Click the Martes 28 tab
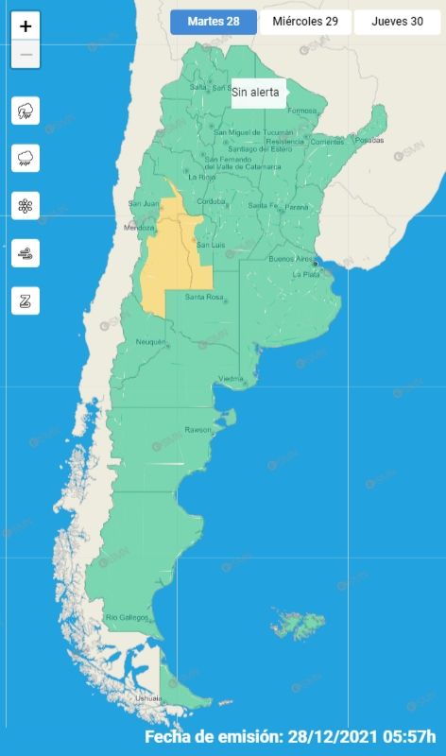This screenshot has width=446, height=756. [214, 22]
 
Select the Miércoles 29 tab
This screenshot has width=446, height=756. [304, 22]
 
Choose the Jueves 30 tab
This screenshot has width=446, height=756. [397, 22]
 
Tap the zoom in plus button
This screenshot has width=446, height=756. [26, 26]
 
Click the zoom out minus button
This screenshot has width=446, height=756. [26, 54]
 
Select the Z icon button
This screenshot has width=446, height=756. [26, 301]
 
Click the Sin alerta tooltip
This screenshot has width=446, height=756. [255, 93]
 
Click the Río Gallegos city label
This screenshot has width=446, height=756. [127, 617]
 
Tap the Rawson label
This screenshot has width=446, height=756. [198, 430]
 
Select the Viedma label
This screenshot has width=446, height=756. [232, 379]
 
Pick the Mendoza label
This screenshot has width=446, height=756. [139, 228]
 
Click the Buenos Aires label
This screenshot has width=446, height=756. [290, 258]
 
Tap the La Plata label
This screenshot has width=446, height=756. [306, 274]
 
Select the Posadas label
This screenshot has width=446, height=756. [369, 140]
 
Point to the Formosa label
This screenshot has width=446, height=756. [302, 111]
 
